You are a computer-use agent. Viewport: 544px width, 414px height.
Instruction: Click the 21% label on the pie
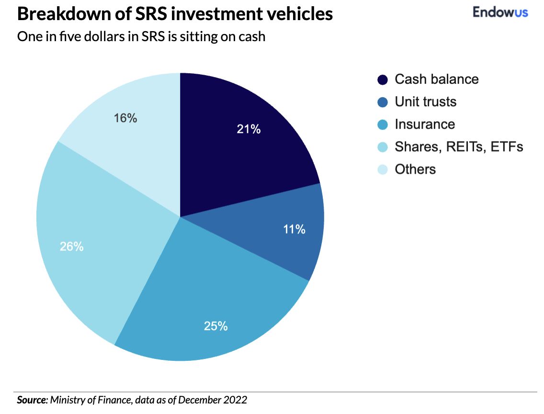click(249, 129)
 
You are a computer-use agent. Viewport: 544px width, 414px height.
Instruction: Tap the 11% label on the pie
click(294, 229)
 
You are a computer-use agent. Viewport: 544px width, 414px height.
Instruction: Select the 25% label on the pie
click(215, 326)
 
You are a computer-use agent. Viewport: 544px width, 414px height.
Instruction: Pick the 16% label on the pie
click(125, 118)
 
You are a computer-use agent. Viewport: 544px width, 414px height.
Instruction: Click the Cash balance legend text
click(436, 79)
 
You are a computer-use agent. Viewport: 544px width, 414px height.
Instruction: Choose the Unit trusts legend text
click(425, 102)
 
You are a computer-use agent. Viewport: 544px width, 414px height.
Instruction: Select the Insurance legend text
click(424, 124)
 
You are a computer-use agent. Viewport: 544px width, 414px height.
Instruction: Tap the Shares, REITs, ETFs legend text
click(458, 147)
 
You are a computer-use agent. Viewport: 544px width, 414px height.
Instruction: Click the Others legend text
click(415, 169)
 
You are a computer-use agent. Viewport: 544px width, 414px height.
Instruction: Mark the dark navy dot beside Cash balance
click(383, 80)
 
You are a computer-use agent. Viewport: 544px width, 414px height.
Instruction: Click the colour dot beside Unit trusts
click(383, 102)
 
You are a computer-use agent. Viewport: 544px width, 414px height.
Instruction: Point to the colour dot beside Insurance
click(383, 125)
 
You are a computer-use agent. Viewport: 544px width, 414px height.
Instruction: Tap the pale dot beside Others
click(383, 170)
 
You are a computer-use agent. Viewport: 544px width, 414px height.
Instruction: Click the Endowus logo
click(500, 12)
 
